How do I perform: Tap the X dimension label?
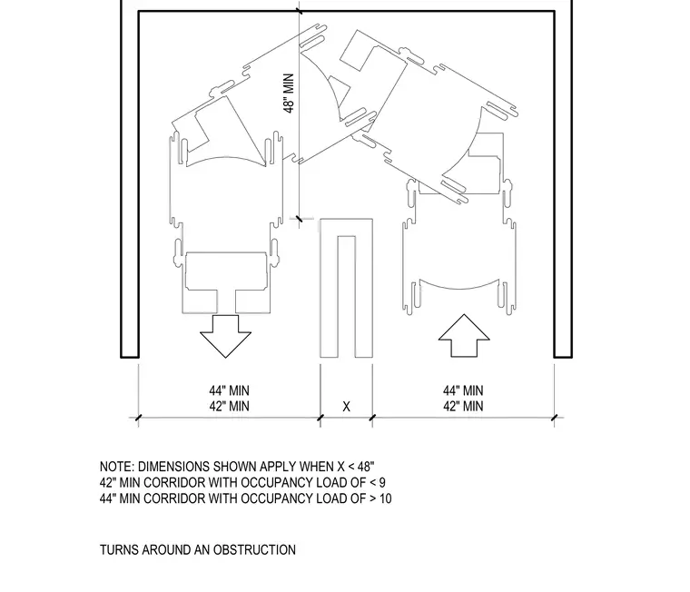pos(346,407)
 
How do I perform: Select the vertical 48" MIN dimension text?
pos(289,94)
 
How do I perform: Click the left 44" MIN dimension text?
pos(229,390)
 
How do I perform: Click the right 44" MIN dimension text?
pos(463,390)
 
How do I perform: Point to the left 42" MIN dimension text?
pos(229,406)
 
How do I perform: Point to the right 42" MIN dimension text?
pos(463,406)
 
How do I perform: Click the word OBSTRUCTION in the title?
pos(254,550)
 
